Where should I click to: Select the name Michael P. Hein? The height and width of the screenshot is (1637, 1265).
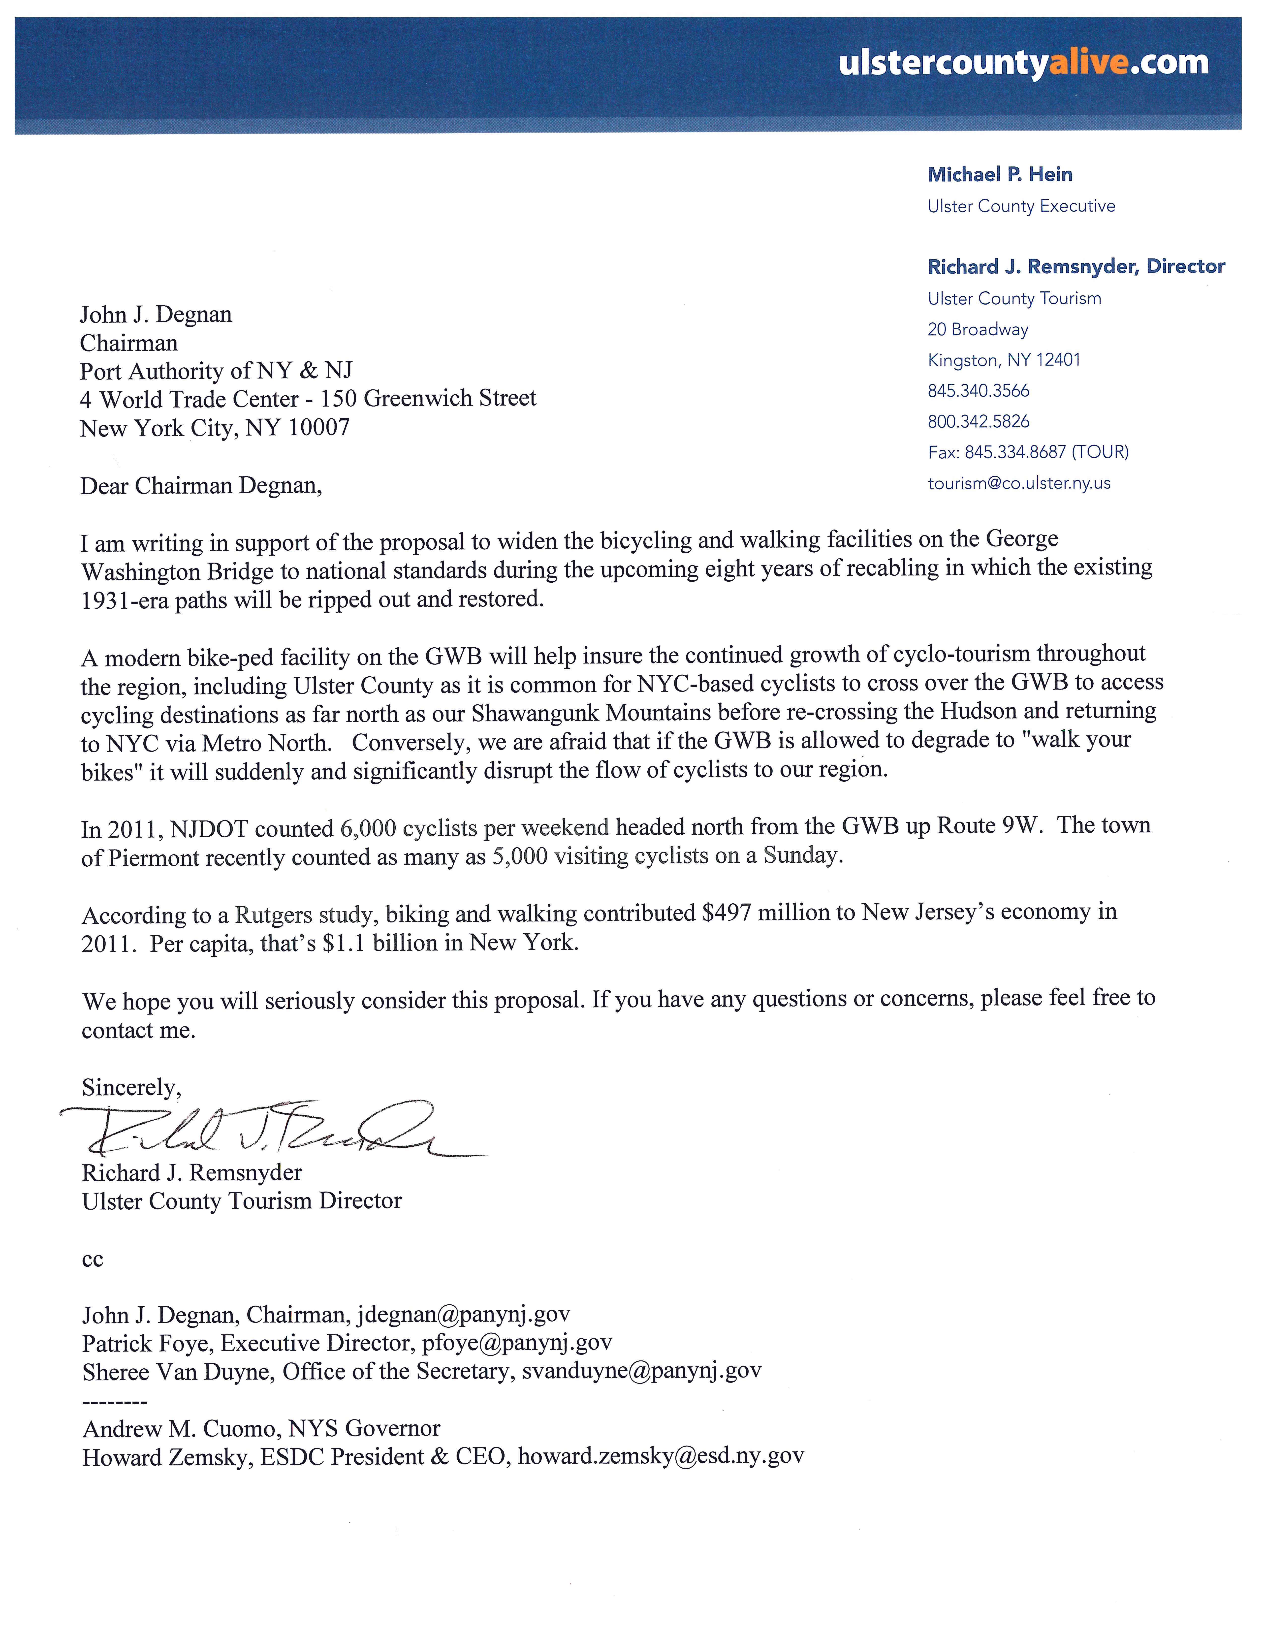tap(1000, 175)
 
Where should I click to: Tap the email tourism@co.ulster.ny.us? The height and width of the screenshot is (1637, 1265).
tap(1018, 483)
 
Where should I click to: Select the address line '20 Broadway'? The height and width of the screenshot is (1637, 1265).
tap(977, 330)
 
